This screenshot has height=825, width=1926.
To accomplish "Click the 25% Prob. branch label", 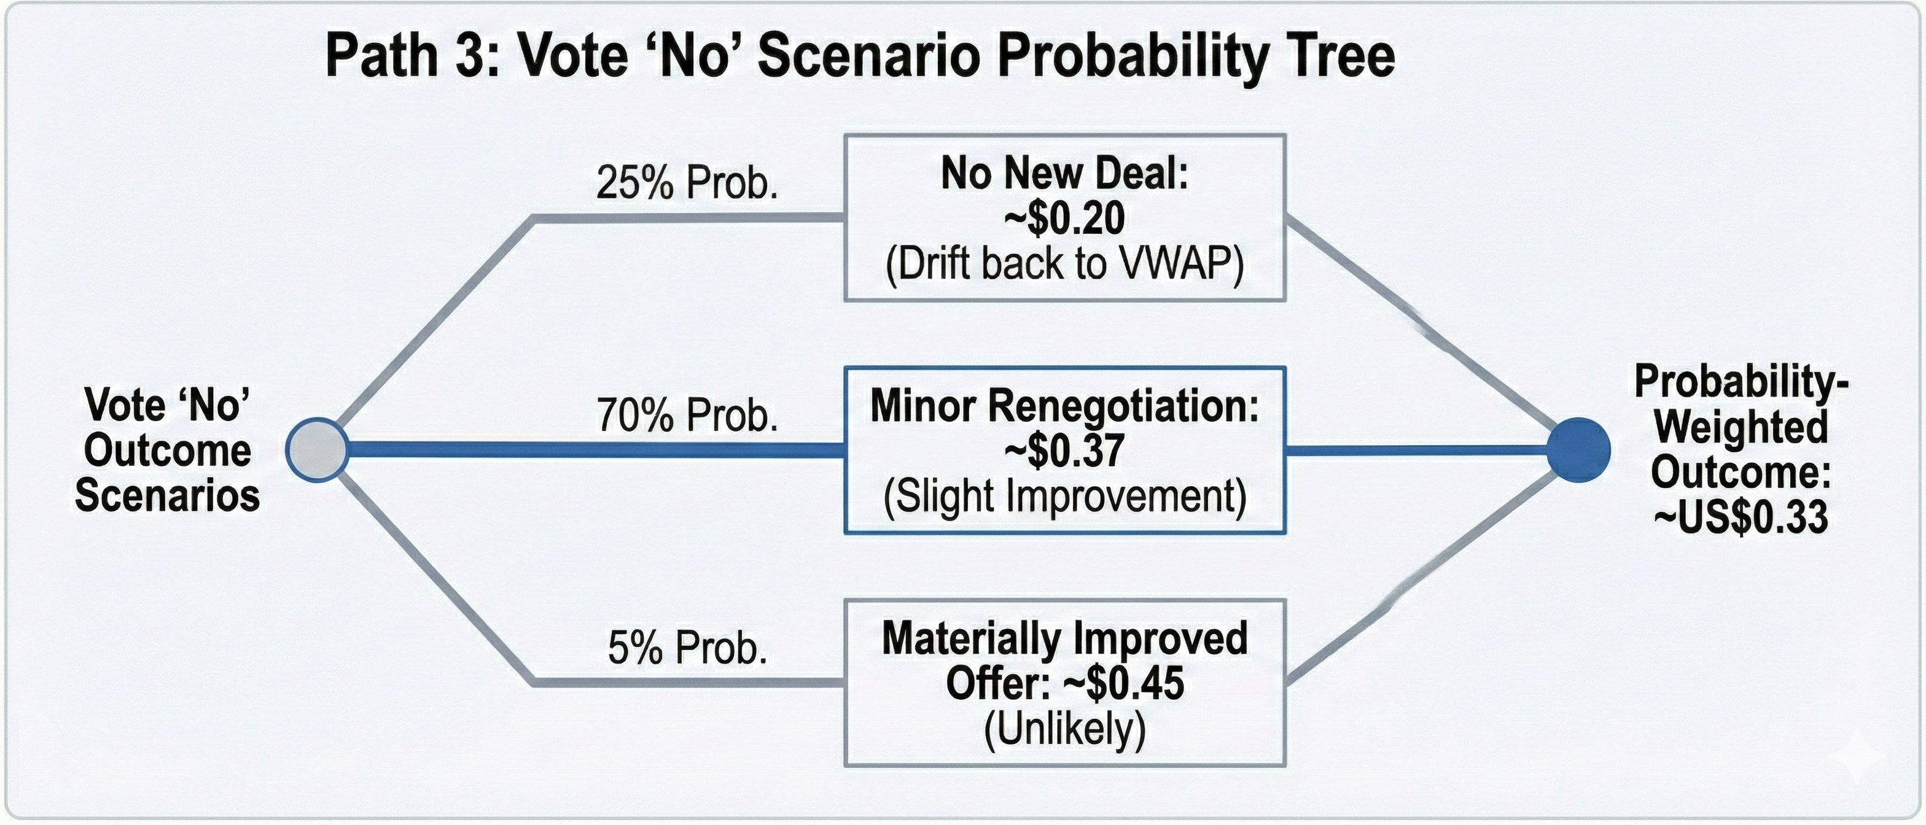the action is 687,182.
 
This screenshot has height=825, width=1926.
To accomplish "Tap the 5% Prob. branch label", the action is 687,647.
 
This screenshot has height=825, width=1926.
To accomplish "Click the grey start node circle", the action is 317,449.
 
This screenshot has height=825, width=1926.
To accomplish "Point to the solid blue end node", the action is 1578,449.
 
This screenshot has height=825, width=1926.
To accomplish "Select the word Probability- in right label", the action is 1741,381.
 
